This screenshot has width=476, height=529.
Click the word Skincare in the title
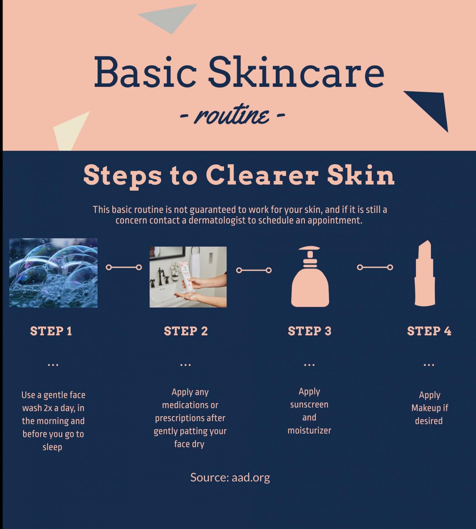pyautogui.click(x=296, y=72)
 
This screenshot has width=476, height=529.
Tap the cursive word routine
pyautogui.click(x=232, y=115)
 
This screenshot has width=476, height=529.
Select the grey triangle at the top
pyautogui.click(x=169, y=17)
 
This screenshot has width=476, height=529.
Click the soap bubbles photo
pyautogui.click(x=53, y=273)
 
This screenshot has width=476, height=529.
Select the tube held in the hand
pyautogui.click(x=186, y=276)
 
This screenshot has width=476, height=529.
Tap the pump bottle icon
pyautogui.click(x=310, y=276)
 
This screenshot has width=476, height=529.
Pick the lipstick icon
pyautogui.click(x=425, y=273)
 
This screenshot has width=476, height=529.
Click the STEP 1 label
pyautogui.click(x=51, y=331)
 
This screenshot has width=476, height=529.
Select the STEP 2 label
pyautogui.click(x=186, y=331)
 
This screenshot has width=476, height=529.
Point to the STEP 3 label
pyautogui.click(x=309, y=331)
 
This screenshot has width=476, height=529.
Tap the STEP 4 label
pyautogui.click(x=429, y=331)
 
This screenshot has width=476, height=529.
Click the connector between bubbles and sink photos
pyautogui.click(x=123, y=267)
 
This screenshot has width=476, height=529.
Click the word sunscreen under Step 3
pyautogui.click(x=309, y=405)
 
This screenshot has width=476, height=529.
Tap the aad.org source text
pyautogui.click(x=251, y=478)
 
